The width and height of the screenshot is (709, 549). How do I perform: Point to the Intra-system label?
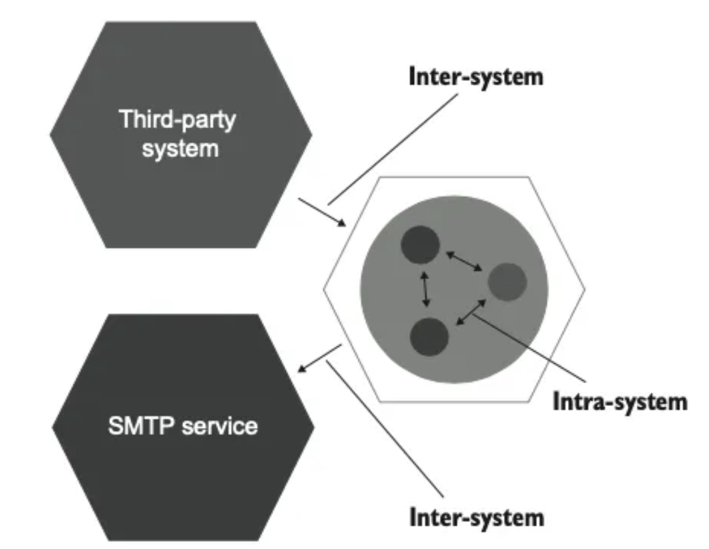pos(619,401)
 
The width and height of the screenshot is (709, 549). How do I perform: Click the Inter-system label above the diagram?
pos(475,77)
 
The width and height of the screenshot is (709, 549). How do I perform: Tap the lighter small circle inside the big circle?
pos(507,282)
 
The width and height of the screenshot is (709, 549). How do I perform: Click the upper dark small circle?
pos(420,244)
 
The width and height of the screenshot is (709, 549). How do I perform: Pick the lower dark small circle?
pos(429,337)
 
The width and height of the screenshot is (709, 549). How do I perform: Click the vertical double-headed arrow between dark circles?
pos(425,289)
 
